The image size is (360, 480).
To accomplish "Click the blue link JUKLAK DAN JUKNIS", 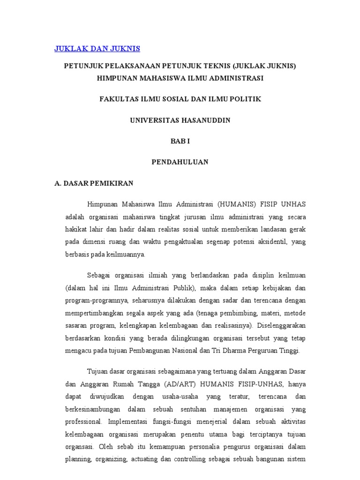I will point(97,49).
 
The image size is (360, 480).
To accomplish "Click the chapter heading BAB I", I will point(180,141).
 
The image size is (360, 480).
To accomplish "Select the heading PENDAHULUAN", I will point(180,162).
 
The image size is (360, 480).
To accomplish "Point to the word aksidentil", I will point(269,241).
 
